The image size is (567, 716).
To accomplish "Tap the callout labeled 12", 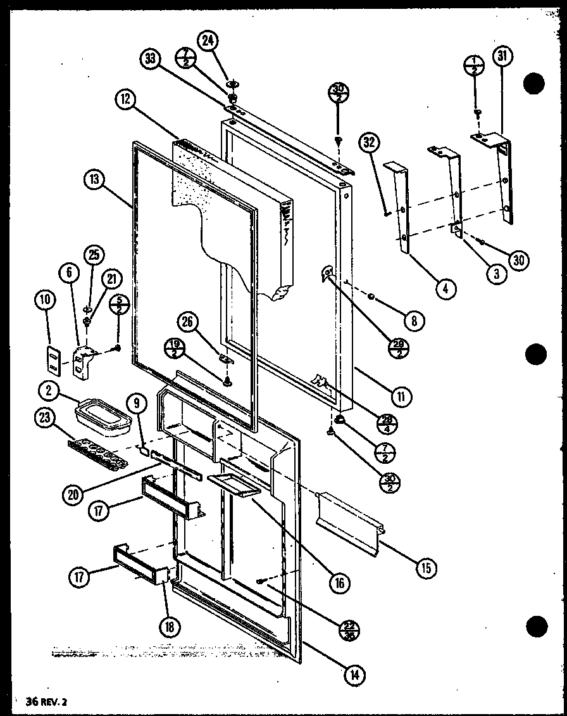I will pyautogui.click(x=125, y=99).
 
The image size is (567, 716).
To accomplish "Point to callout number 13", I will pyautogui.click(x=94, y=179).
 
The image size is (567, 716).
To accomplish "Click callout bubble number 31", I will pyautogui.click(x=502, y=57).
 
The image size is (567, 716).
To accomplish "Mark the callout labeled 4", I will pyautogui.click(x=445, y=289).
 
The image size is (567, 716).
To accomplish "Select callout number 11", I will pyautogui.click(x=401, y=397).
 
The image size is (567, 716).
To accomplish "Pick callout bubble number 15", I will pyautogui.click(x=426, y=568).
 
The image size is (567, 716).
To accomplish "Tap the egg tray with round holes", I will pyautogui.click(x=101, y=450).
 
